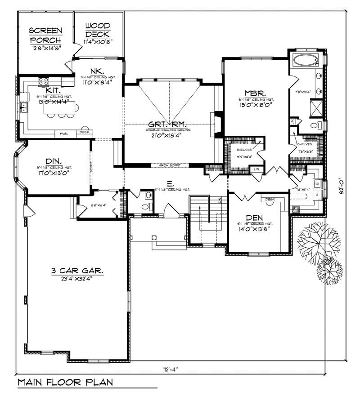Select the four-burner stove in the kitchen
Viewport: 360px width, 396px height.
point(43,81)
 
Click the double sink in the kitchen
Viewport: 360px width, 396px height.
point(23,107)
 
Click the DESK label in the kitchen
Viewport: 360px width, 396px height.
point(84,132)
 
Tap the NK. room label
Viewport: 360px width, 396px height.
point(98,71)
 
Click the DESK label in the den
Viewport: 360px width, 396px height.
point(270,199)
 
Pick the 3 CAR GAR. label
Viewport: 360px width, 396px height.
point(77,271)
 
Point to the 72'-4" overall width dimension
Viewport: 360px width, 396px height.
point(171,369)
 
